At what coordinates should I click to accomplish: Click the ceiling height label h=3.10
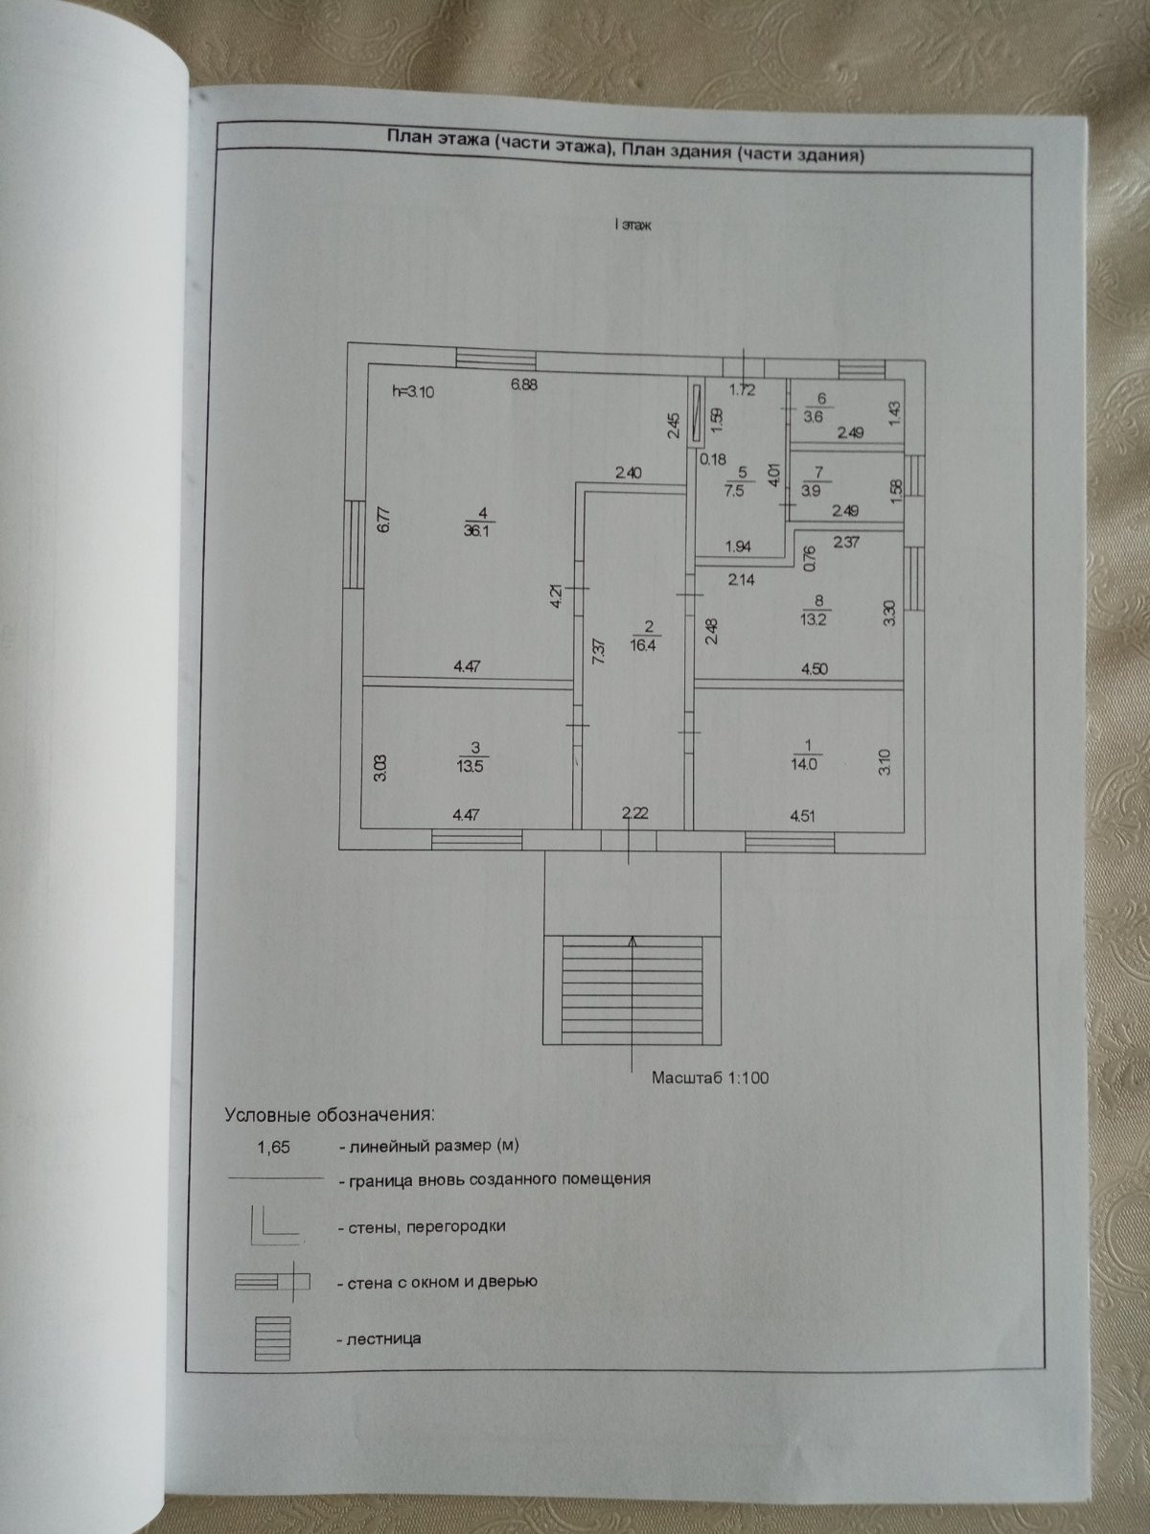[x=413, y=391]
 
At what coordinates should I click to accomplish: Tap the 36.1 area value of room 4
[x=476, y=530]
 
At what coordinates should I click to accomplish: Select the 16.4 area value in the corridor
[x=643, y=646]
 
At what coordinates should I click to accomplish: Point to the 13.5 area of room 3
[x=470, y=766]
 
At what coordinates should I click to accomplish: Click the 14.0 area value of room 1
[x=804, y=764]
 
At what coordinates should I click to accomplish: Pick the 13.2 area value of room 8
[x=814, y=619]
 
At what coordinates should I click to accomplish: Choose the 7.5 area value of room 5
[x=734, y=490]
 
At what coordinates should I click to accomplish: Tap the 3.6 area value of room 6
[x=814, y=416]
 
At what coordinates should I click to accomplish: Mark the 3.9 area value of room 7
[x=812, y=491]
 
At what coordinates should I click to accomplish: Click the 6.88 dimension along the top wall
[x=523, y=384]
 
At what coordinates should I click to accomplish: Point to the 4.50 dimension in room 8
[x=815, y=669]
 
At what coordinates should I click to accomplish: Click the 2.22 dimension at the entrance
[x=634, y=813]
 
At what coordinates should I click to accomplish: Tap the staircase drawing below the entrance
[x=632, y=990]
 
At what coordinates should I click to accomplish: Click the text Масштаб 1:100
[x=710, y=1078]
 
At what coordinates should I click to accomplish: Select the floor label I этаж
[x=632, y=225]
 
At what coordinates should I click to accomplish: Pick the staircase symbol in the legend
[x=272, y=1338]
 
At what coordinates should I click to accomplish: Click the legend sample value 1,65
[x=274, y=1148]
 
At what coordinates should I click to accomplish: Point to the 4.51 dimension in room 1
[x=803, y=816]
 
